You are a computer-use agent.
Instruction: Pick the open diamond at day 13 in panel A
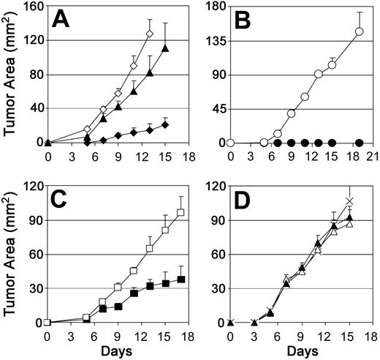(x=150, y=34)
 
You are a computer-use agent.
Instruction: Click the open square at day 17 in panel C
(x=180, y=212)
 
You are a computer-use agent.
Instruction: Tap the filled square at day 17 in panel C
(x=180, y=279)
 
